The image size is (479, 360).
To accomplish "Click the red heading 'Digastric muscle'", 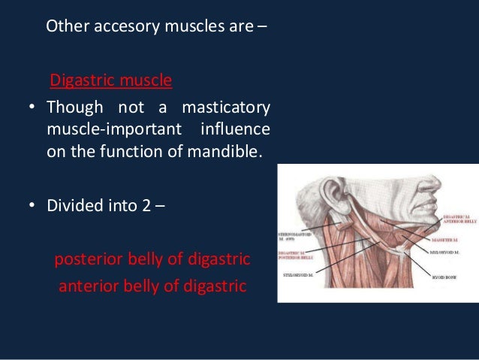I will click(x=111, y=79).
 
